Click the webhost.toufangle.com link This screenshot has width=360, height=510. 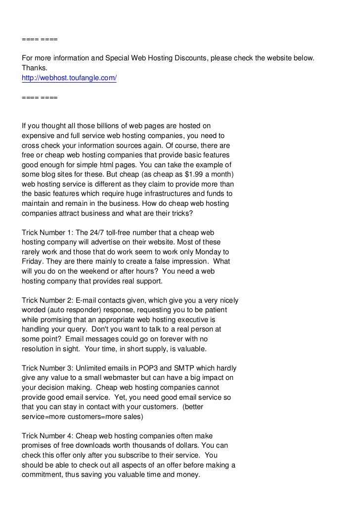(x=69, y=78)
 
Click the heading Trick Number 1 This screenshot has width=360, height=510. (x=46, y=232)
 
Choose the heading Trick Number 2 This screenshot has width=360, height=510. (x=46, y=300)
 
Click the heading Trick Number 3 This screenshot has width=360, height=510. (x=46, y=368)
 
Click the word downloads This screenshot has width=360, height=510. (x=94, y=445)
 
